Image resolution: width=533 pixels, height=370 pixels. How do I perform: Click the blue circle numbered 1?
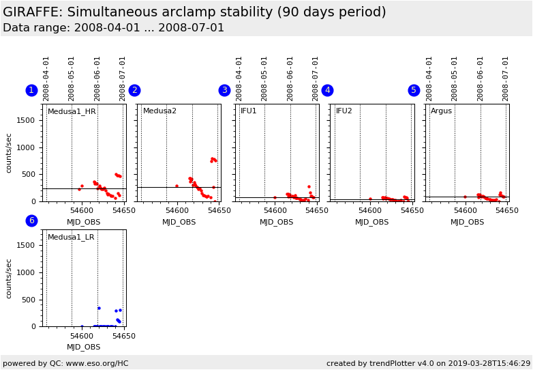click(x=31, y=91)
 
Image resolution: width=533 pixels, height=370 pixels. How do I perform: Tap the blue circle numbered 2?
click(x=134, y=91)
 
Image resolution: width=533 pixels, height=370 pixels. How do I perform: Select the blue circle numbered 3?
click(x=224, y=91)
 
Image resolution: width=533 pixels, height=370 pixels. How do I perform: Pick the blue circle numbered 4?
click(x=327, y=91)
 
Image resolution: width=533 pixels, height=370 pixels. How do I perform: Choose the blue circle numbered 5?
click(x=414, y=91)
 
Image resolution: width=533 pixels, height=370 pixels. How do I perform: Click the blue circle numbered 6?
click(x=31, y=220)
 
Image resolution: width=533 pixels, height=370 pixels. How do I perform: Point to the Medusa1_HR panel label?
click(x=72, y=111)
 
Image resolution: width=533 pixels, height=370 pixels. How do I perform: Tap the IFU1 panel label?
click(x=249, y=111)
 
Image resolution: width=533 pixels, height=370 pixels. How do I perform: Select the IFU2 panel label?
click(x=344, y=111)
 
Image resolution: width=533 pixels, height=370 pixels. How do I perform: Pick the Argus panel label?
click(x=441, y=111)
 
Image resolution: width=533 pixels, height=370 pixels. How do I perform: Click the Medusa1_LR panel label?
click(x=71, y=238)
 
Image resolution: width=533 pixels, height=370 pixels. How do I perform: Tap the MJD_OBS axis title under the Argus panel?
click(x=467, y=223)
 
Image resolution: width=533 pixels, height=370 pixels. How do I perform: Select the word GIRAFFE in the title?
click(x=32, y=12)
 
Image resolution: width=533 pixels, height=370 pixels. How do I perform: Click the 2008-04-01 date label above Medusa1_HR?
click(x=46, y=79)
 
